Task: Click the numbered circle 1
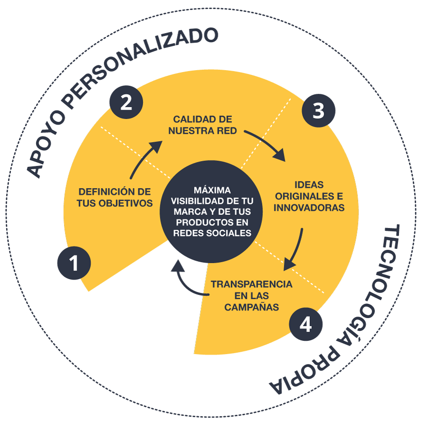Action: [x=74, y=263]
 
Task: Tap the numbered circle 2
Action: [x=126, y=102]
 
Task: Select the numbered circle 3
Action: [x=318, y=110]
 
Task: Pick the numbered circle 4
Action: [x=306, y=324]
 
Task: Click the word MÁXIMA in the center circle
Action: [x=212, y=190]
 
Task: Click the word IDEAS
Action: [x=309, y=185]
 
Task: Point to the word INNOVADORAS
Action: [x=309, y=208]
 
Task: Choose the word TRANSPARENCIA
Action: [x=251, y=284]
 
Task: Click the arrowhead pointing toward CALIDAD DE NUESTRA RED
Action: [x=156, y=147]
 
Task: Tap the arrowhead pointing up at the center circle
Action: [x=178, y=266]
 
